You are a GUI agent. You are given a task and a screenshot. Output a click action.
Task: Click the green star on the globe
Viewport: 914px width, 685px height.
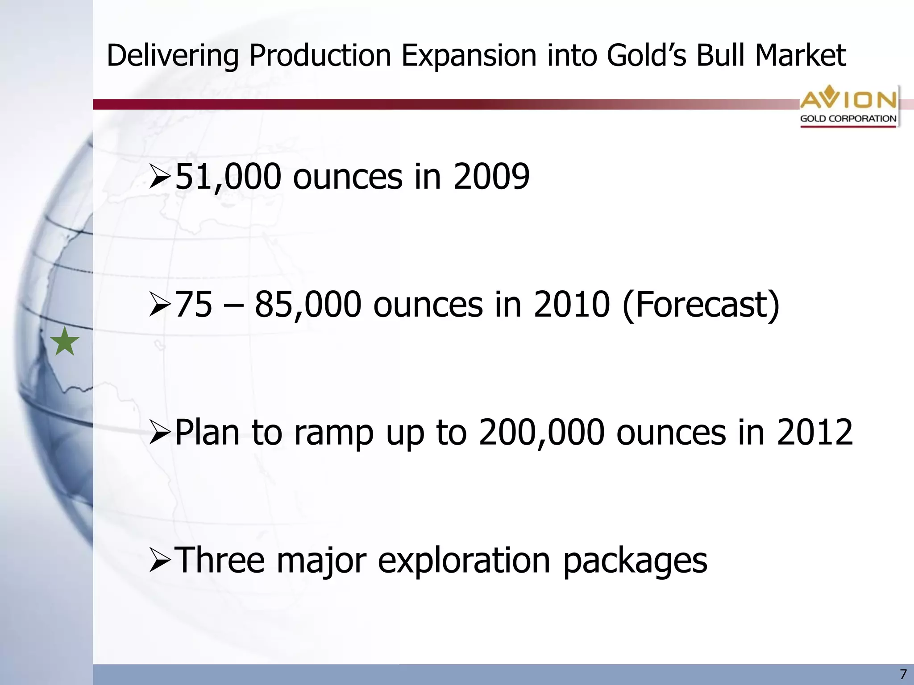point(65,342)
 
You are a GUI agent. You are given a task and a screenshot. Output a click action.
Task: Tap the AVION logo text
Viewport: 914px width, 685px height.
point(848,99)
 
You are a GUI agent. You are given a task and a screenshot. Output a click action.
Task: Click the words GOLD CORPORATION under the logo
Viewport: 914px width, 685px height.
point(848,119)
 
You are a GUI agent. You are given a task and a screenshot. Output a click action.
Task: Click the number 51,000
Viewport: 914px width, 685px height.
point(228,177)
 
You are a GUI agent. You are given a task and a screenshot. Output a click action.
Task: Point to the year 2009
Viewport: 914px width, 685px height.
point(491,177)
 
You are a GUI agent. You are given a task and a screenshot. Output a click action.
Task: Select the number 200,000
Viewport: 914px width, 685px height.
point(541,433)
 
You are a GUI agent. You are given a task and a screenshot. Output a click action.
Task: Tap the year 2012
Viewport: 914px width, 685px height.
point(814,433)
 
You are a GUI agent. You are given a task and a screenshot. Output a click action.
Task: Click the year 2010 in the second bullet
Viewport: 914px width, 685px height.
point(572,305)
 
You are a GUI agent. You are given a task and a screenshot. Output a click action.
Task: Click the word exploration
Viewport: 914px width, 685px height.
point(464,560)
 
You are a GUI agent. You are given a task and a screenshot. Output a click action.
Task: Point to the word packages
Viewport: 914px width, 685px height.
point(635,561)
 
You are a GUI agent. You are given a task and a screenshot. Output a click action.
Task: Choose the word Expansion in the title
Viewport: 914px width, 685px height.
point(469,56)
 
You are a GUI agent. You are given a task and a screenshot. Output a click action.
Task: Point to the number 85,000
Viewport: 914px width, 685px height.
point(307,305)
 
